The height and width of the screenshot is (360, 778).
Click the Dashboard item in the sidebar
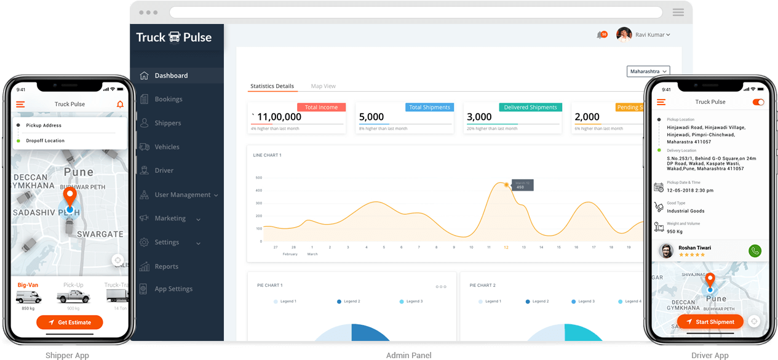coord(171,76)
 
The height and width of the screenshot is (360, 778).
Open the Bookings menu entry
coord(168,99)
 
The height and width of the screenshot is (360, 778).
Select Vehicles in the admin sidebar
coord(167,147)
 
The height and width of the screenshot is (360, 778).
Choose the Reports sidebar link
coord(166,266)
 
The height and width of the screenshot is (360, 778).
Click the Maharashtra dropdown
coord(648,71)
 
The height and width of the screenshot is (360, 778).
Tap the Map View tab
coord(323,86)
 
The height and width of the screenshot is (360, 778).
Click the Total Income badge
coord(321,107)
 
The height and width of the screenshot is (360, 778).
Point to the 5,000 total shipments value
coord(371,117)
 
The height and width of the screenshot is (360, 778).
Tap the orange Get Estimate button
coord(69,322)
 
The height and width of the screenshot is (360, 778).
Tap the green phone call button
coord(755,250)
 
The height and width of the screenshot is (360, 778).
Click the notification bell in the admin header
coord(600,35)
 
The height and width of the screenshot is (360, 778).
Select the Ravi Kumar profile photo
coord(624,34)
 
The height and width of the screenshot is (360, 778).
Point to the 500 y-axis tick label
coord(259,178)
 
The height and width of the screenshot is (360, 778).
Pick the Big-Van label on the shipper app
coord(28,285)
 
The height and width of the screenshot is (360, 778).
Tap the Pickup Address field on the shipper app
coord(44,126)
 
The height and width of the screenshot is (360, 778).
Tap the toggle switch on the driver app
coord(758,102)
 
